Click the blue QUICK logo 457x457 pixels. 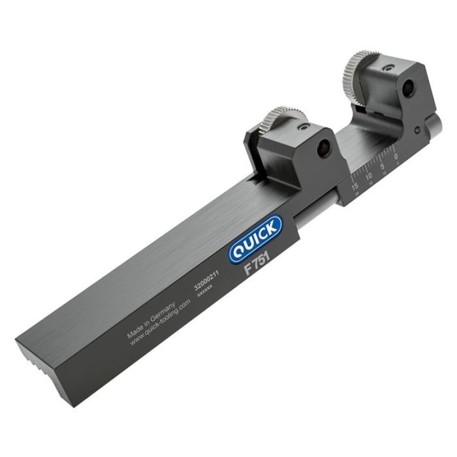tap(255, 239)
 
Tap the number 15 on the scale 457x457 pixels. tap(355, 186)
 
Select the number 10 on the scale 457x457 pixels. tap(369, 176)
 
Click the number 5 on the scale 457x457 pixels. tap(383, 166)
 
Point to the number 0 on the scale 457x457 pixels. tap(396, 156)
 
